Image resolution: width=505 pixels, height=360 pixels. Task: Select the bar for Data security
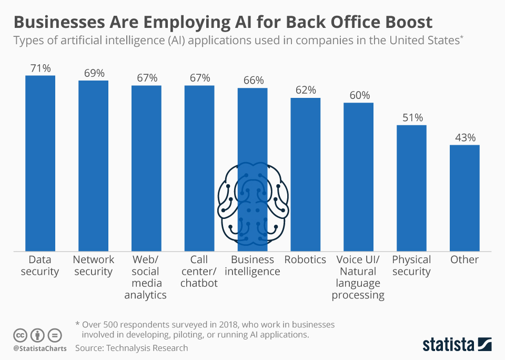coord(40,163)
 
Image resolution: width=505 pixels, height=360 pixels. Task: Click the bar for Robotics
coord(305,174)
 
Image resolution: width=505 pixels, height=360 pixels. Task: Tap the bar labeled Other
coord(464,198)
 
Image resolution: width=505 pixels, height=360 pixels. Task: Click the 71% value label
coord(40,68)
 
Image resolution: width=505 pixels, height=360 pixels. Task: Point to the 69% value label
coord(94,73)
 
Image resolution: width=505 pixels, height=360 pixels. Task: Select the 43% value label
coord(464,137)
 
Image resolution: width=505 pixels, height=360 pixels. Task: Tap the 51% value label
coord(411,117)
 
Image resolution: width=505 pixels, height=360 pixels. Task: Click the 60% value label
coord(359,95)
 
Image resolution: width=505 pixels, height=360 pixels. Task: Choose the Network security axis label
coord(94,266)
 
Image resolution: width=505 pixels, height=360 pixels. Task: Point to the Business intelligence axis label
coord(252,266)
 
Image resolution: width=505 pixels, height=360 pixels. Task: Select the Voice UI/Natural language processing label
coord(358,277)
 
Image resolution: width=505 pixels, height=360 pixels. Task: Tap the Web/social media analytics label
coord(146,277)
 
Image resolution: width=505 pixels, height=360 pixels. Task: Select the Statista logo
coord(457,345)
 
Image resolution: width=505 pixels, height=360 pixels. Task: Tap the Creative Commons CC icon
coord(21,335)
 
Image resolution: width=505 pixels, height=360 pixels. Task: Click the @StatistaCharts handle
coord(40,348)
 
